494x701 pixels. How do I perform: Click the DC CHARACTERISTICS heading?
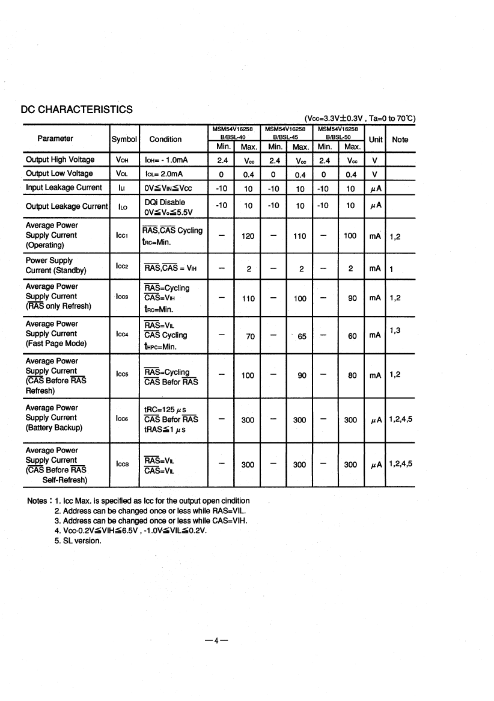coord(76,110)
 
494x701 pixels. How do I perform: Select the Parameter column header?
coord(55,139)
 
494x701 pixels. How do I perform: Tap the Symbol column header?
coord(124,140)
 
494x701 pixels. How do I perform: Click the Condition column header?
coord(165,140)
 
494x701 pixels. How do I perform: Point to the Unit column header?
coord(376,140)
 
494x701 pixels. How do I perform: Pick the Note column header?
coord(400,140)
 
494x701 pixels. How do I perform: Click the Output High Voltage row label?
coord(60,159)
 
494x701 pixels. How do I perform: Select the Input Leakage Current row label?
coord(64,188)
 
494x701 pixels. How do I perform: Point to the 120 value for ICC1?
coord(248,236)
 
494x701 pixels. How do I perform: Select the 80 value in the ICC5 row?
coord(352,375)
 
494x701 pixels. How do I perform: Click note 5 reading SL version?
coord(78,540)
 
